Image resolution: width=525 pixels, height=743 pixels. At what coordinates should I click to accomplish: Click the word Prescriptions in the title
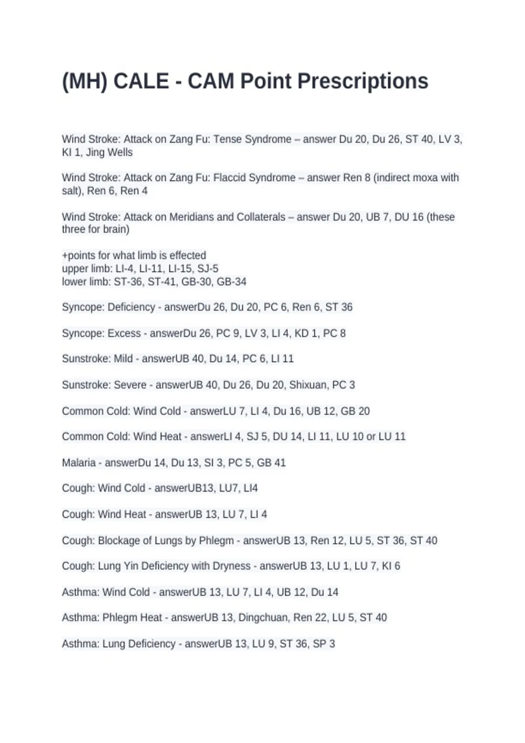pos(363,81)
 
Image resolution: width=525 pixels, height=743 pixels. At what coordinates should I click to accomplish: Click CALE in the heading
pos(141,81)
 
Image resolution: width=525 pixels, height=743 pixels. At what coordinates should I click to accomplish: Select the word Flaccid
pos(232,178)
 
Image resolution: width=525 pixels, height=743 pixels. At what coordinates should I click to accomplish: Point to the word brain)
pos(115,229)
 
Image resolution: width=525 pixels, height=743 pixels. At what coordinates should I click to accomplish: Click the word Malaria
pos(79,463)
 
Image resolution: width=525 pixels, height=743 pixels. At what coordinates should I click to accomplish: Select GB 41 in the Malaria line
pos(271,463)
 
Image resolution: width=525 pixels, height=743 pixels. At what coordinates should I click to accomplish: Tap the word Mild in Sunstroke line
pos(123,359)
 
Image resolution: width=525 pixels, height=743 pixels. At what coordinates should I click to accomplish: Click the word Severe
pos(130,385)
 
